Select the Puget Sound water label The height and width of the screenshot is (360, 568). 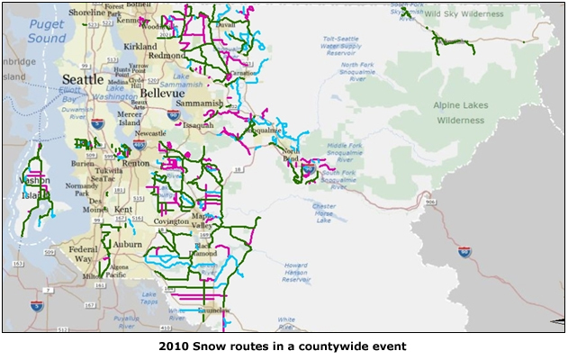(x=46, y=32)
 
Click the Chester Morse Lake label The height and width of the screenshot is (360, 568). (x=323, y=212)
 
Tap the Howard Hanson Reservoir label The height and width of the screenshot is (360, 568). (x=302, y=272)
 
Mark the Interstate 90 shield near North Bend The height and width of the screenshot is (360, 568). (x=309, y=168)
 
